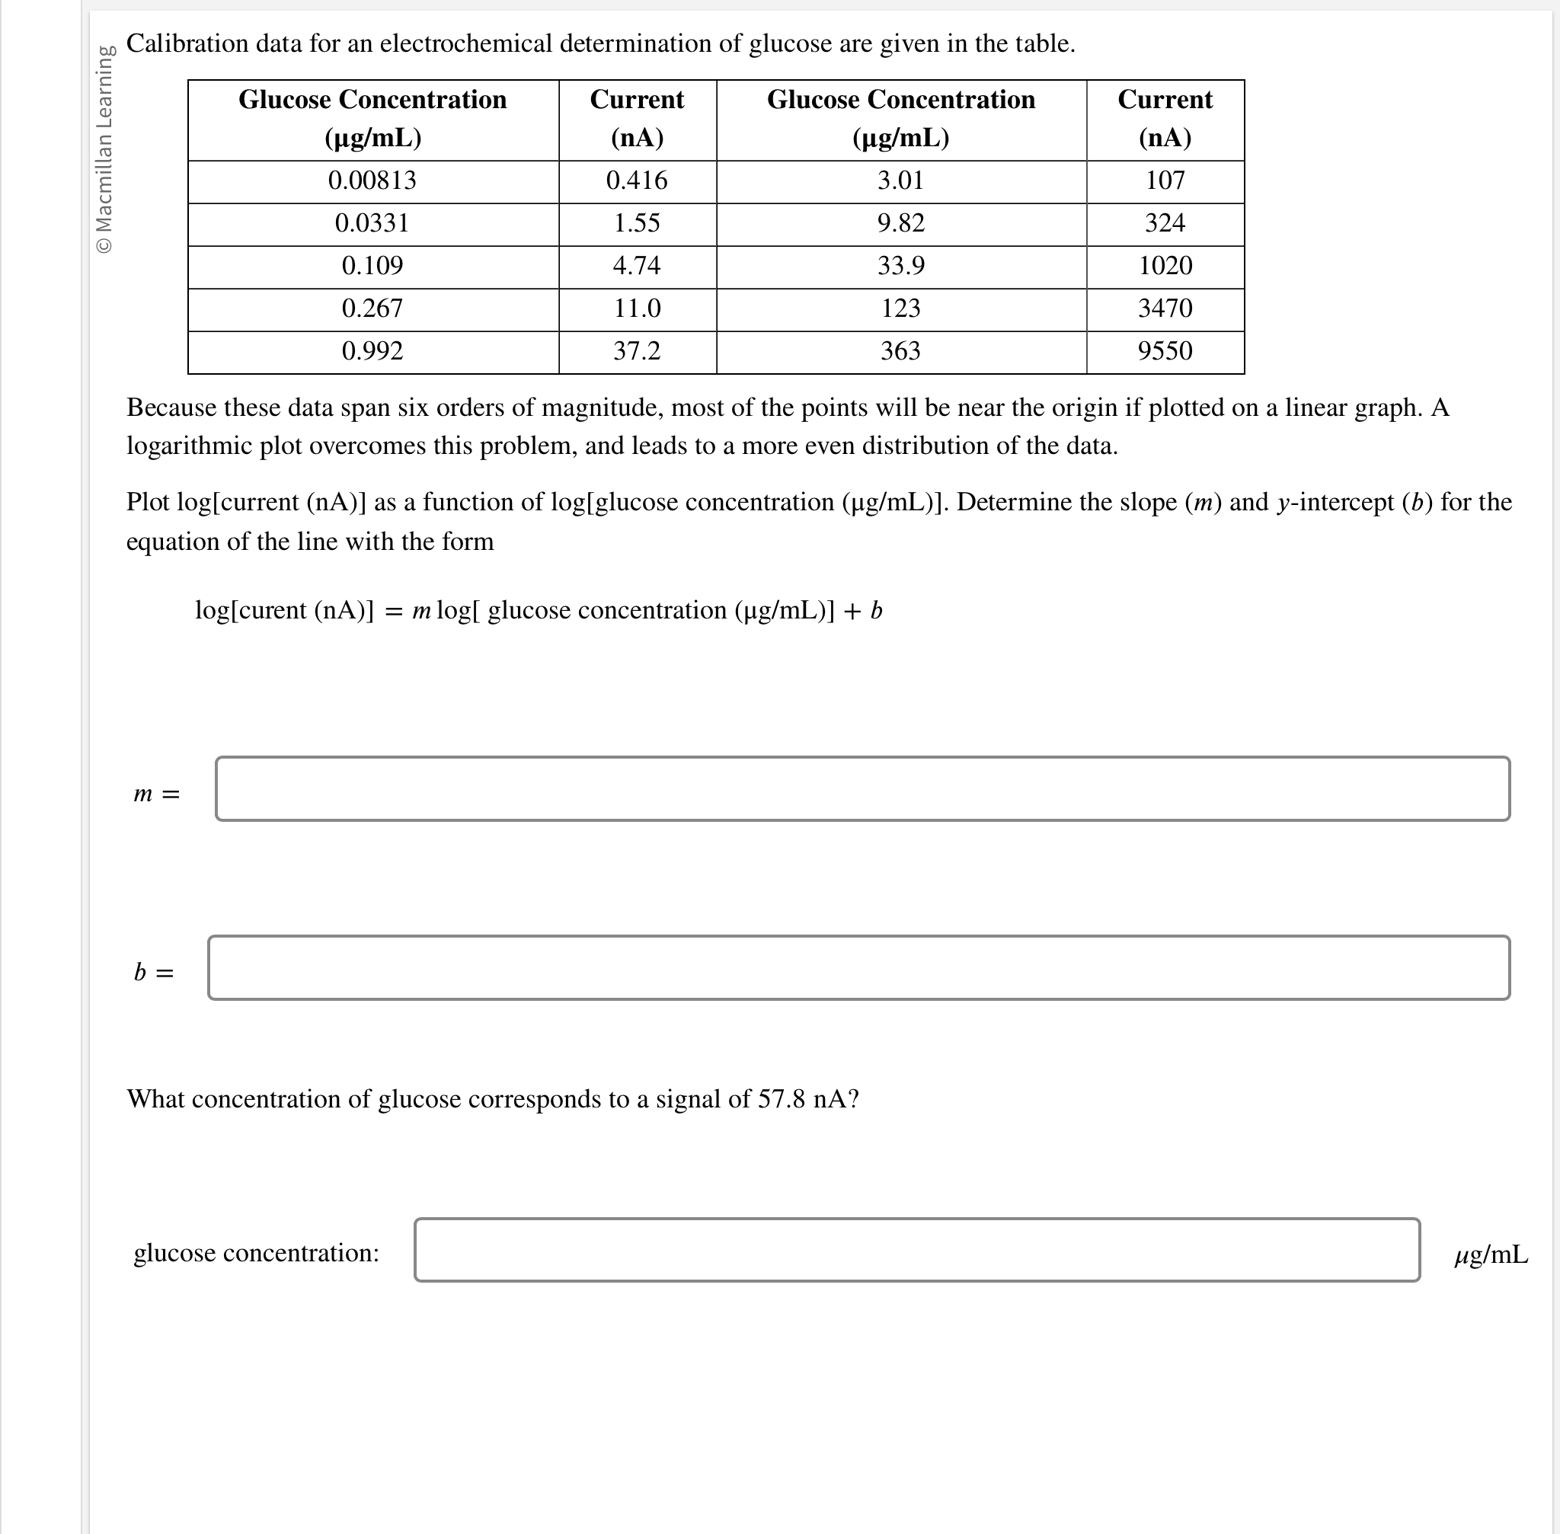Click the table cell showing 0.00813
tap(372, 181)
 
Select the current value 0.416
tap(637, 181)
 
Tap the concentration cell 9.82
tap(901, 223)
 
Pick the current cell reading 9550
tap(1165, 351)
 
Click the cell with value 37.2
tap(637, 351)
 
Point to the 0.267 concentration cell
tap(372, 308)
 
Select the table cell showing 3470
tap(1165, 308)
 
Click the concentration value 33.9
tap(901, 266)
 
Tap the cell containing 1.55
tap(637, 223)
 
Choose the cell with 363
tap(901, 351)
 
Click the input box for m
tap(862, 789)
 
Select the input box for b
tap(859, 967)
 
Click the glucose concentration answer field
tap(917, 1250)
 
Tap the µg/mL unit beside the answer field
tap(1491, 1254)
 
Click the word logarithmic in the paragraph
tap(190, 446)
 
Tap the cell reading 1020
tap(1165, 266)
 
